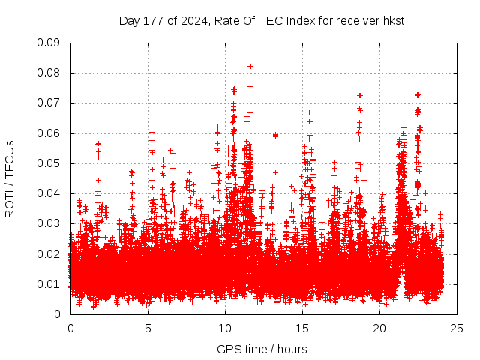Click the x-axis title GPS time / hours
click(x=262, y=349)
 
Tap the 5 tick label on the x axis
click(x=148, y=328)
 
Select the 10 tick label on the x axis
click(x=225, y=328)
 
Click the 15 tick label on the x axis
click(x=302, y=328)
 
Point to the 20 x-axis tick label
click(x=379, y=328)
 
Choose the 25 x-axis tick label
click(x=457, y=328)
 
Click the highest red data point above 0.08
click(x=250, y=65)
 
